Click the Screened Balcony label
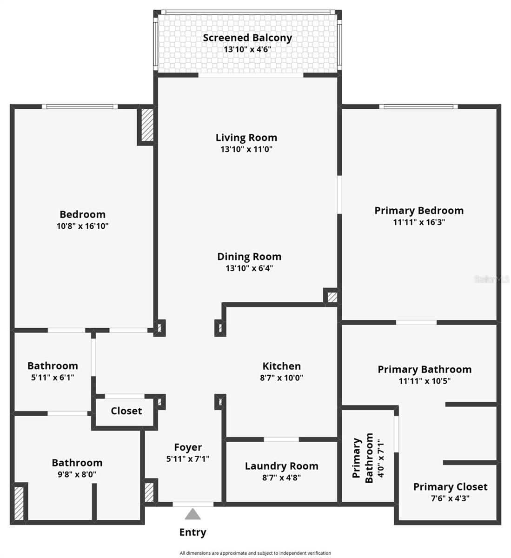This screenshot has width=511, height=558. [x=247, y=38]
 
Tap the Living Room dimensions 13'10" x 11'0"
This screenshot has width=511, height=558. [x=246, y=149]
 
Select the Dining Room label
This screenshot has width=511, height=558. [x=249, y=256]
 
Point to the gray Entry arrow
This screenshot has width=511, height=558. [x=192, y=514]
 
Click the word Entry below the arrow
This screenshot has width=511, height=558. [x=192, y=532]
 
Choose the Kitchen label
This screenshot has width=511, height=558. [x=281, y=366]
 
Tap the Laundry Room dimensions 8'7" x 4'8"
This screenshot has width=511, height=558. [x=281, y=477]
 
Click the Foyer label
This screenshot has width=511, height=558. [x=188, y=447]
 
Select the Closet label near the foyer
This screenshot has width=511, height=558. [x=126, y=411]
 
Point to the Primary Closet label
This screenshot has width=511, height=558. [x=450, y=487]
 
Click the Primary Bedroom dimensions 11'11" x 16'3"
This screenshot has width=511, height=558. [x=419, y=222]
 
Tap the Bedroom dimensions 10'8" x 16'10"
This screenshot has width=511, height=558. [x=83, y=226]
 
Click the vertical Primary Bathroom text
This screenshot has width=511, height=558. [x=363, y=458]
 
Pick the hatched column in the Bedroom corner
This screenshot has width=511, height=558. [x=147, y=125]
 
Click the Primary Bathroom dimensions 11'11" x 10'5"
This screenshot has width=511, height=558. [x=424, y=381]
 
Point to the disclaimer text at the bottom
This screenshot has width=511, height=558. [x=255, y=553]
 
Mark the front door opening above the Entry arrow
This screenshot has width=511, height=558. [x=193, y=504]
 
